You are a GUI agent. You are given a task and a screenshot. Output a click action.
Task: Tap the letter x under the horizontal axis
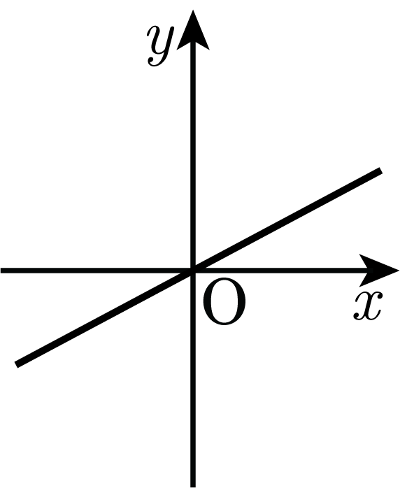[367, 306]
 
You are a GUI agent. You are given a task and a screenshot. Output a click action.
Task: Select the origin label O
[224, 301]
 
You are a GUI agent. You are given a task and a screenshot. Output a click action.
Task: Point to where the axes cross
[193, 271]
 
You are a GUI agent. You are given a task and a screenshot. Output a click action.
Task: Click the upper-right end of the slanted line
[380, 171]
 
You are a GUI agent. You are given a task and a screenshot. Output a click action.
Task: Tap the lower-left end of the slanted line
[17, 364]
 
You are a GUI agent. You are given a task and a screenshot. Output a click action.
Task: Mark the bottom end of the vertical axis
[193, 486]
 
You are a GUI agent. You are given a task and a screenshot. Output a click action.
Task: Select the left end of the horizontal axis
[2, 271]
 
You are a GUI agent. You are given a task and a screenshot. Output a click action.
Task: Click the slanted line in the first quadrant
[287, 220]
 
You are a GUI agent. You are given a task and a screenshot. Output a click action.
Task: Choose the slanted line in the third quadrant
[105, 317]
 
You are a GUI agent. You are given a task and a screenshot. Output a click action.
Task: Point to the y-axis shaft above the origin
[193, 159]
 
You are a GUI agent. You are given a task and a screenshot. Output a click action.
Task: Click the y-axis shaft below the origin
[193, 379]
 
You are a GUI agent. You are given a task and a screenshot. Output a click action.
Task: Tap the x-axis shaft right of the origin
[280, 271]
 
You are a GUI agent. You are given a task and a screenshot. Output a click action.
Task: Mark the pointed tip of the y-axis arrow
[193, 10]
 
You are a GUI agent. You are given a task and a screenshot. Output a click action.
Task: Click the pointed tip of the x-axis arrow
[399, 271]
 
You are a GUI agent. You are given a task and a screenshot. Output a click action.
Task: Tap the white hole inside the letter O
[224, 301]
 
